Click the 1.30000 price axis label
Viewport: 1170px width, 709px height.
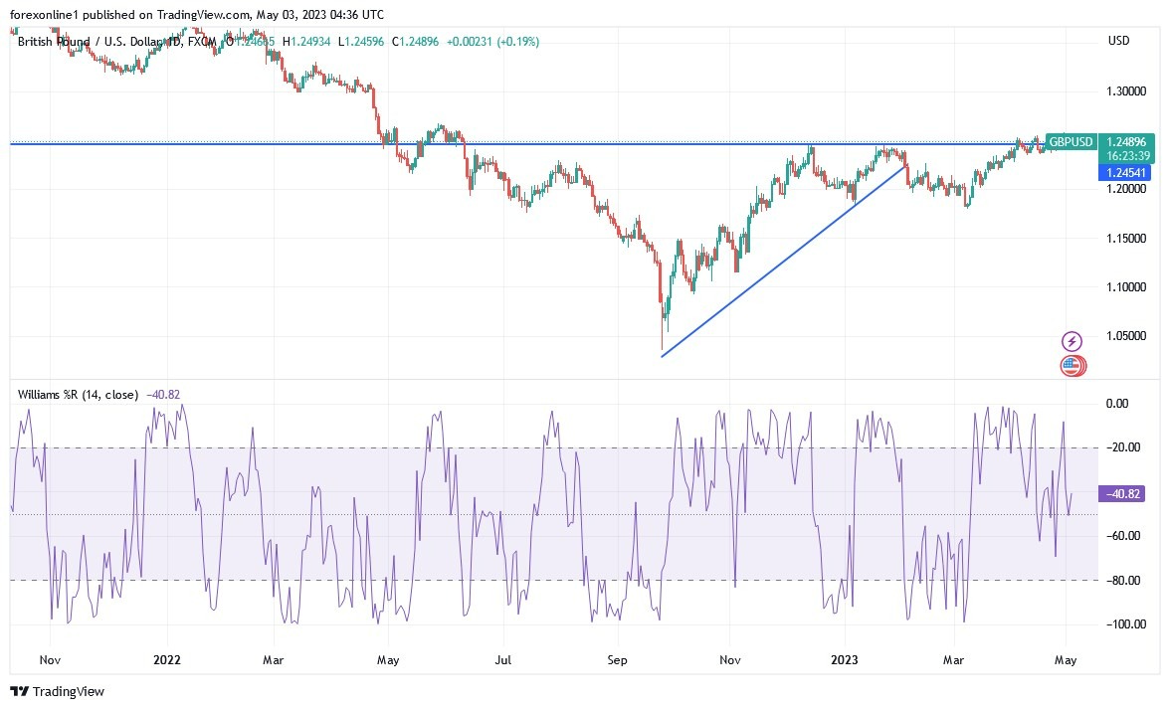point(1126,90)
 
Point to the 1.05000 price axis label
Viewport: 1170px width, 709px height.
point(1126,336)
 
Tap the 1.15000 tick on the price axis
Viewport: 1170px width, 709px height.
point(1126,239)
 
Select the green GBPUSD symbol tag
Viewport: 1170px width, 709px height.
point(1071,142)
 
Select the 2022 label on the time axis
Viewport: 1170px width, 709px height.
point(167,658)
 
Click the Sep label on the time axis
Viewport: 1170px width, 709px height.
point(618,658)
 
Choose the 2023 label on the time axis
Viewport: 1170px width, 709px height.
point(844,658)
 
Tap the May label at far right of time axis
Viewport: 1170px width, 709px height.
point(1067,658)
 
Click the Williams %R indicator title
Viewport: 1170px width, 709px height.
point(79,394)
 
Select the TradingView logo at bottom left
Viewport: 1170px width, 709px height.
point(58,691)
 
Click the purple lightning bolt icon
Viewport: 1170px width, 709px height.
point(1072,341)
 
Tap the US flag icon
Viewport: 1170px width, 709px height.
point(1071,365)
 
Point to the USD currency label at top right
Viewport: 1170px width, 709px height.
point(1118,40)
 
